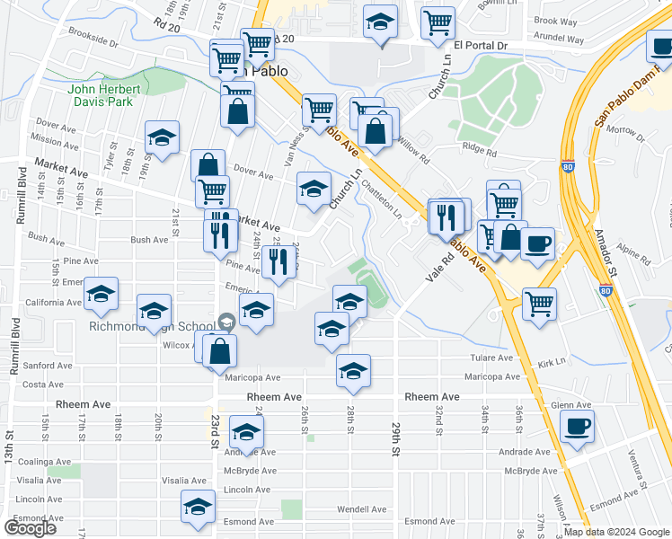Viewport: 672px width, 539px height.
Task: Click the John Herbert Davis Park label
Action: click(x=105, y=95)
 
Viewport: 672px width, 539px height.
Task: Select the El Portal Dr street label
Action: click(x=481, y=44)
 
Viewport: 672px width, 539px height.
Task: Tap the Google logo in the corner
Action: click(x=30, y=527)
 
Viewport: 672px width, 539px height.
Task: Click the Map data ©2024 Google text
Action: click(x=616, y=532)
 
